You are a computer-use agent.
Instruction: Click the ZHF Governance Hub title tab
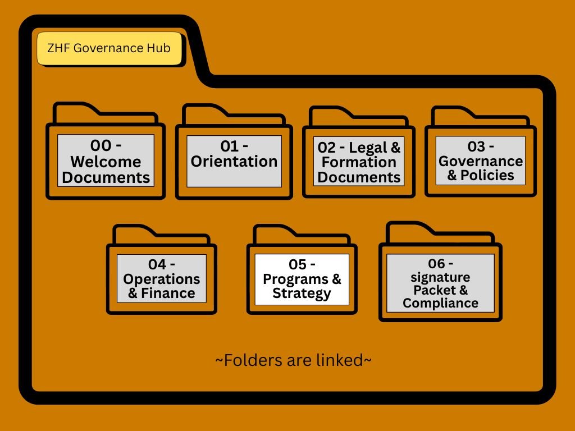pos(111,49)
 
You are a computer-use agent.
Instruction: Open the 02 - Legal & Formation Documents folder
pos(359,162)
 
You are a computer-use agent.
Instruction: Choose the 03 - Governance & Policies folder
pos(481,161)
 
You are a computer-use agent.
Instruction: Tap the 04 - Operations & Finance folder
pos(162,278)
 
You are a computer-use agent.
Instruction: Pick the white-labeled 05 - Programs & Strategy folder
pos(302,279)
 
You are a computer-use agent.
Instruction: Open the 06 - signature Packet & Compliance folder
pos(440,283)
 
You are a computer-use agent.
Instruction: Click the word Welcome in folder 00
pos(106,162)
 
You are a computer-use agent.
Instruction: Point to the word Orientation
pos(234,162)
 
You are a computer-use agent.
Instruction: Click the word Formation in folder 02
pos(359,163)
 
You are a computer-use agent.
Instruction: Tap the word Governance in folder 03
pos(481,162)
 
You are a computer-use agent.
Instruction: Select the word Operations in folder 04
pos(162,279)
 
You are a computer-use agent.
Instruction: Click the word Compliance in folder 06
pos(440,303)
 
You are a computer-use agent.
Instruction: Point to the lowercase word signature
pos(440,277)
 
